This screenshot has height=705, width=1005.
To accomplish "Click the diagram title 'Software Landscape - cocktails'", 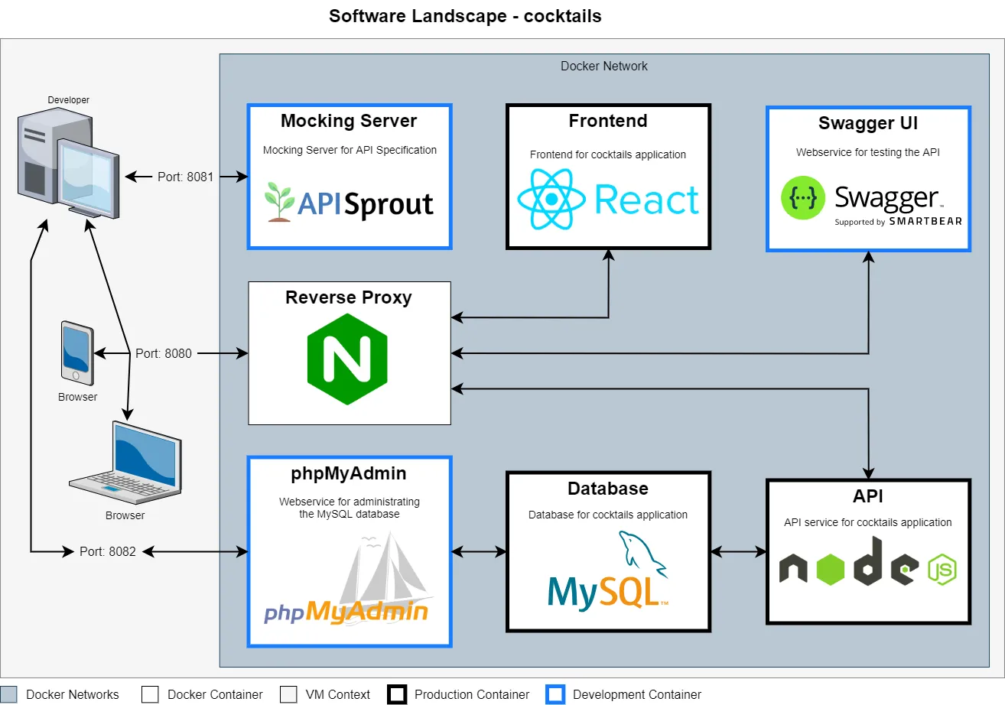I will point(465,16).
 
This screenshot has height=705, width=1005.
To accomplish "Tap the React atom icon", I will point(551,200).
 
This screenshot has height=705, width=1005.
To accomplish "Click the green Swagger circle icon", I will point(803,198).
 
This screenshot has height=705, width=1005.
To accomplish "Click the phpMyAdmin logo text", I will point(346,612).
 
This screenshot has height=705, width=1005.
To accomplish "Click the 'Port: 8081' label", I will point(185,177).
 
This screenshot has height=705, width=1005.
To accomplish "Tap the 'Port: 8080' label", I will point(164,353).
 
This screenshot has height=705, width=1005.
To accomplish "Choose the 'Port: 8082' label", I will point(108,551).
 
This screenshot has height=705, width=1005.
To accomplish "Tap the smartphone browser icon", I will point(77,353).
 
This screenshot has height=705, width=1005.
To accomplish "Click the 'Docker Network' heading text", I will point(603,66).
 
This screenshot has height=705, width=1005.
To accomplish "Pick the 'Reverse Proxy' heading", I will point(348,297).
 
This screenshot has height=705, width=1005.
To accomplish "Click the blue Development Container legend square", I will point(556,694).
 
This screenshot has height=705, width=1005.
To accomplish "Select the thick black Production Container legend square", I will point(397,694).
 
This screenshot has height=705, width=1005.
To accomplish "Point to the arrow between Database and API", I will point(738,551).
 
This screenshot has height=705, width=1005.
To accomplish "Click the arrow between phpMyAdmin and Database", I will point(479,551).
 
